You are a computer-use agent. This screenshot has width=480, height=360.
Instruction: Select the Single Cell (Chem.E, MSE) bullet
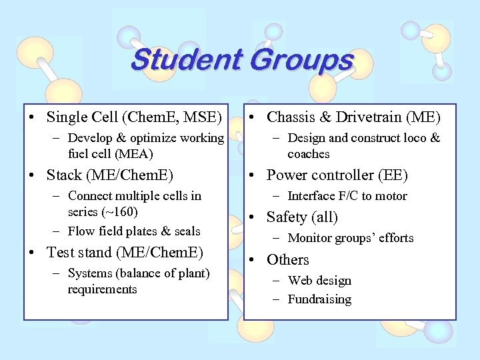pos(133,117)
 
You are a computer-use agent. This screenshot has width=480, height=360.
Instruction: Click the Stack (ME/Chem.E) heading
pos(109,175)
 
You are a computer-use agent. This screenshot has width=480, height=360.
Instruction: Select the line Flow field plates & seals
pos(134,231)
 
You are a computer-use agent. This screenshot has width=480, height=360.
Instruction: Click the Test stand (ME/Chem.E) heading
pos(125,253)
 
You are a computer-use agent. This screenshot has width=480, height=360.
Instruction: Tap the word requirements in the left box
pos(102,289)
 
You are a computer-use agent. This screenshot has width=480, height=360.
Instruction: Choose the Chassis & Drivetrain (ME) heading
pos(353,117)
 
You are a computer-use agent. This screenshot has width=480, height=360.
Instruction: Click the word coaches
pos(309,154)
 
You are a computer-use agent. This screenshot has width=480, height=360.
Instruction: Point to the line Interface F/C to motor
pos(347,196)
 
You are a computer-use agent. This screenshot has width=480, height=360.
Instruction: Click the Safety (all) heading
pos(302,217)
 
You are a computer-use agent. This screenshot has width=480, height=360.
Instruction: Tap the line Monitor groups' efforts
pos(350,238)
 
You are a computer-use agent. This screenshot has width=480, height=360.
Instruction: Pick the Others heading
pos(287,260)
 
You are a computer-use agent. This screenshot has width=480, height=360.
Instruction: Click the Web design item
pos(319,281)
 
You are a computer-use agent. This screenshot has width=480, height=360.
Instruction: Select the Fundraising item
pos(319,299)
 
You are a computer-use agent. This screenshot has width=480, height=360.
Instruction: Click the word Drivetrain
pos(377,117)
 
